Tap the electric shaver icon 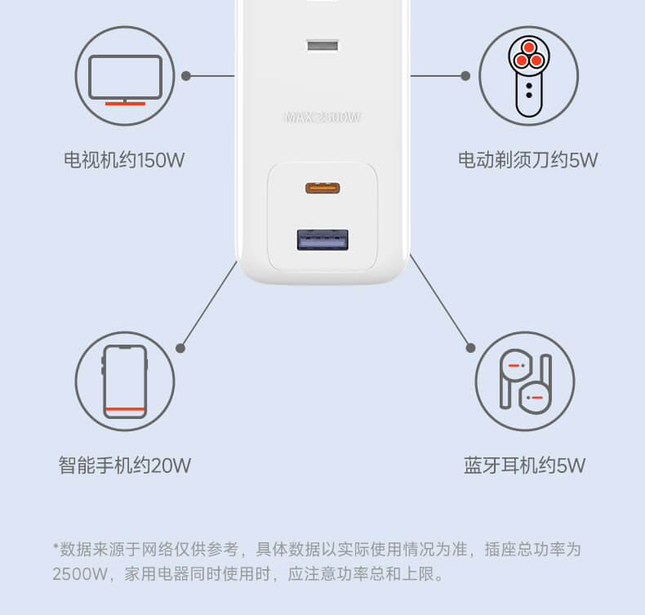527,76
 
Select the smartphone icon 125,381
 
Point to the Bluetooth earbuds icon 525,381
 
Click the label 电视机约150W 124,160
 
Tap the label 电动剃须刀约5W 527,160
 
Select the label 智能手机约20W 124,466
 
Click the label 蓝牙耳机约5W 524,466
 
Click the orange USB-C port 322,189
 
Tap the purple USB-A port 322,239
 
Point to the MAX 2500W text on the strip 322,118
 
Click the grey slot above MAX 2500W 322,44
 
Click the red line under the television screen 125,104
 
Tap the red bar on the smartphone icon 125,408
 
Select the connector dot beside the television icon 186,76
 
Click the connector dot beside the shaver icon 465,76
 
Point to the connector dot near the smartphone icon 180,348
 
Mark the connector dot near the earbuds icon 470,348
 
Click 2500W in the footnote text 80,574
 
